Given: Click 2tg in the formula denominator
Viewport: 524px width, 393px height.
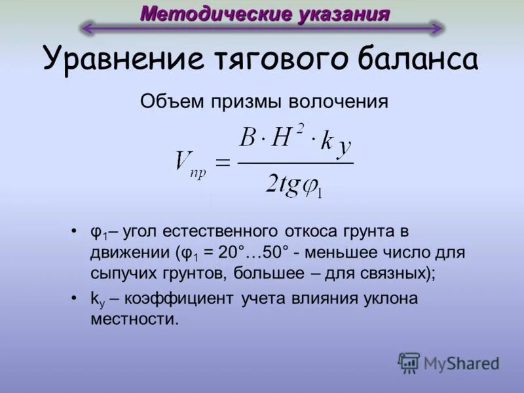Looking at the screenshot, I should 282,184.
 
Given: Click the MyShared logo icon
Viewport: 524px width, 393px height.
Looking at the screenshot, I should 409,362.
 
